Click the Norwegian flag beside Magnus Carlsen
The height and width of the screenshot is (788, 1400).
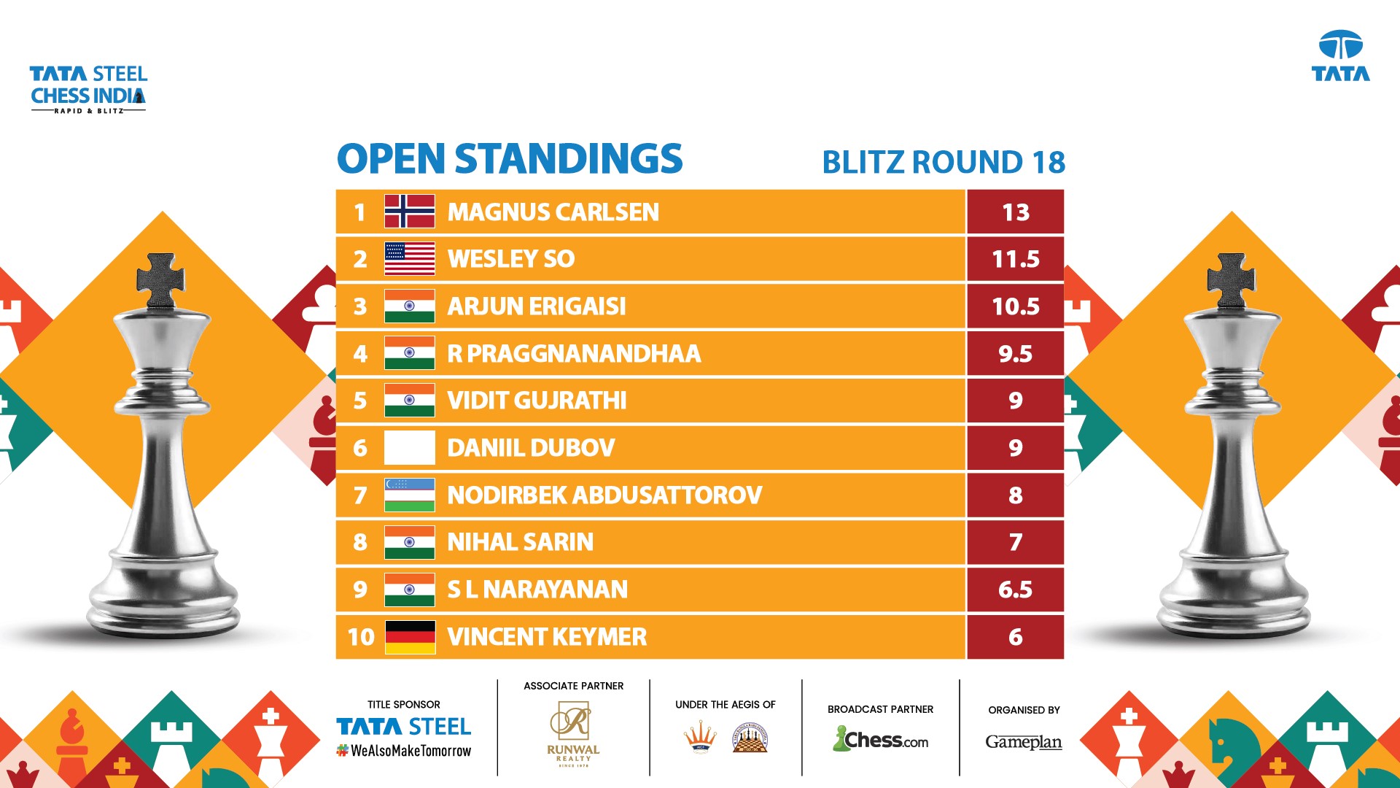410,212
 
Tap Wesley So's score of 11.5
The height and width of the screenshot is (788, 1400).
1016,259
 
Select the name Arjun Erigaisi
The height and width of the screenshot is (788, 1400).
537,306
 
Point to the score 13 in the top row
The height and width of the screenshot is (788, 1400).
1016,212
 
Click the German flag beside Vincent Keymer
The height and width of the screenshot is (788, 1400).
410,637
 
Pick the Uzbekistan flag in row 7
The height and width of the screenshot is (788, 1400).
410,495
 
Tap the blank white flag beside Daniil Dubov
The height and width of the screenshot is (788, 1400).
410,448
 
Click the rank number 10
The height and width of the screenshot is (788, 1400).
361,637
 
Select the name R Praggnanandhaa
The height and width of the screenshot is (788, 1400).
574,354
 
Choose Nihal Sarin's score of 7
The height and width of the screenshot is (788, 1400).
1016,542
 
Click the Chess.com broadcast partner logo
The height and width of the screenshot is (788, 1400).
880,739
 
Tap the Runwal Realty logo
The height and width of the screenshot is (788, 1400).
573,734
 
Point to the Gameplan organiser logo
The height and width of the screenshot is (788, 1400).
1024,742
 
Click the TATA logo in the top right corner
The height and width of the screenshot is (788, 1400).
1341,55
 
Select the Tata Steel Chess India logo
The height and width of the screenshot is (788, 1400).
88,89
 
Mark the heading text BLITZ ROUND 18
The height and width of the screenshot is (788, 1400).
944,162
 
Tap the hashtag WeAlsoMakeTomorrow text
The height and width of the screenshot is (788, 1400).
404,751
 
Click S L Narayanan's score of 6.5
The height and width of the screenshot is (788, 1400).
1016,590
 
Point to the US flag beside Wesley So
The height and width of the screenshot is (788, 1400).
410,259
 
